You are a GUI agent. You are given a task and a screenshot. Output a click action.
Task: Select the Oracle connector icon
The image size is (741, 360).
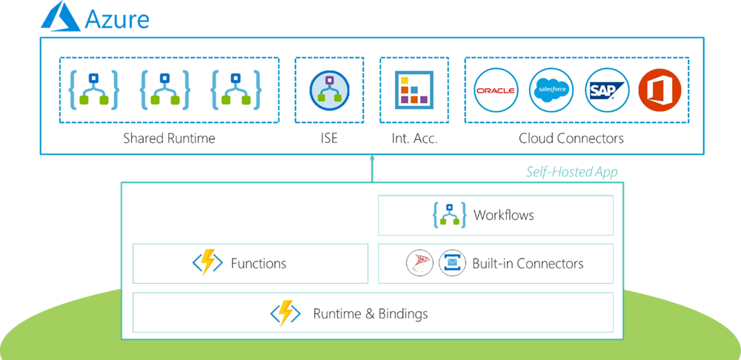(496, 90)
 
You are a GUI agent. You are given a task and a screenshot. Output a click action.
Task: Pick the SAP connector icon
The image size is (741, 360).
(607, 90)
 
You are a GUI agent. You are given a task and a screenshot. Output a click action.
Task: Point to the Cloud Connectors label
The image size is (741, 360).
(571, 139)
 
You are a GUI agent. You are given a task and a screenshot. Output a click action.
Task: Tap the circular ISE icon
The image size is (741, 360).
(327, 90)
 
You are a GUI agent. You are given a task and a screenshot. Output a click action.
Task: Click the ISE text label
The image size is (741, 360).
(328, 139)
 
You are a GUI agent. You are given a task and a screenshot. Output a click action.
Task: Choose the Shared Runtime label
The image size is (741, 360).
(169, 139)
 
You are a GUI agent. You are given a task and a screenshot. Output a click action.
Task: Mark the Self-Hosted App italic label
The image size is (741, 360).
(571, 172)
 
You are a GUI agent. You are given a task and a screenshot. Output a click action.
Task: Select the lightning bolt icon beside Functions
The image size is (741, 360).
(207, 263)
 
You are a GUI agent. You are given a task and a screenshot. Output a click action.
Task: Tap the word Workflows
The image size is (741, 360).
(503, 216)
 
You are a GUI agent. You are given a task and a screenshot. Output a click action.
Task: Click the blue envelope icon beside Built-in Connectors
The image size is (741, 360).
(452, 263)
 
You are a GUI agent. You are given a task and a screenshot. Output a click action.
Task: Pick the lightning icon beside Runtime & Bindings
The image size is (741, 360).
(285, 313)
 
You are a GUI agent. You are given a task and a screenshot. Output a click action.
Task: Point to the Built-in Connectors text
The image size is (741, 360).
(528, 263)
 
